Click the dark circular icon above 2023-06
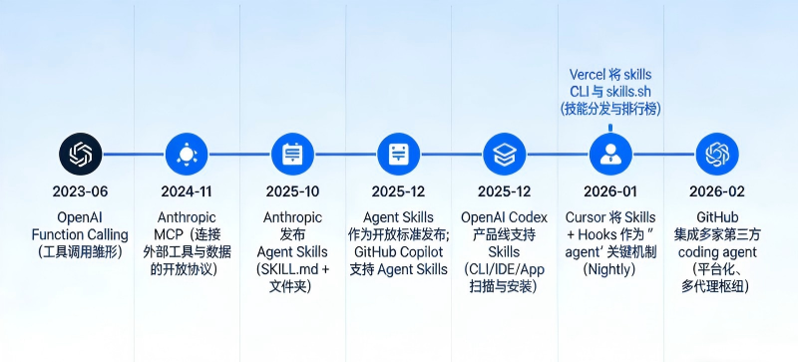click(x=79, y=154)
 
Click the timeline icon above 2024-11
click(x=186, y=154)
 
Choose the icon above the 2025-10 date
click(x=292, y=154)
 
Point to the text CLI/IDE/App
click(x=505, y=269)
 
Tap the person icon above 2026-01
click(x=610, y=154)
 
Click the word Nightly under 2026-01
click(x=611, y=269)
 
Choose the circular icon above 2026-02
click(x=717, y=154)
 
